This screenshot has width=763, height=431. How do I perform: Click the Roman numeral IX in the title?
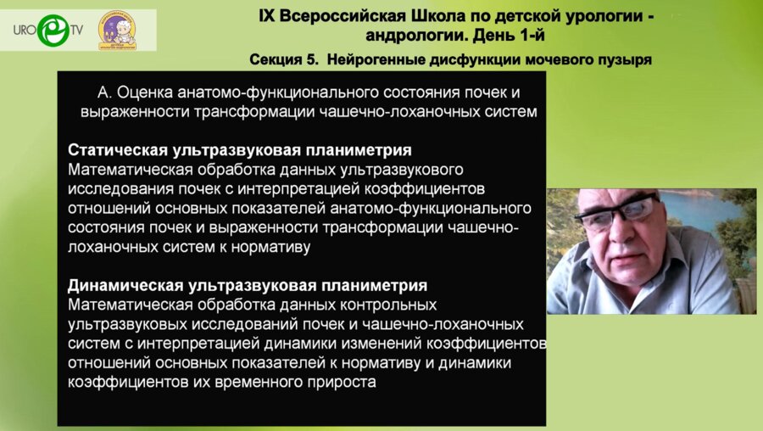click(x=267, y=16)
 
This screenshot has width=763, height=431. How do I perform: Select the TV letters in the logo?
click(x=77, y=31)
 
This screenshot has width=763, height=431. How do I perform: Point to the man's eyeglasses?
click(x=619, y=213)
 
